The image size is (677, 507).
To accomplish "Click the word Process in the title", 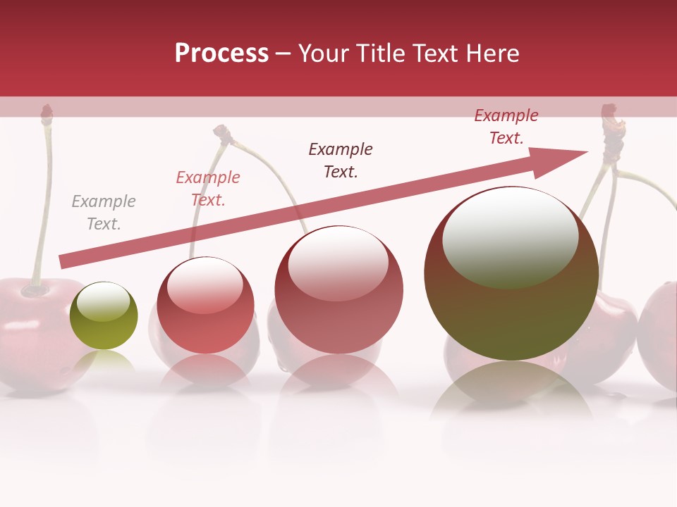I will [221, 54].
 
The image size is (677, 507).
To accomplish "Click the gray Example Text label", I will [104, 213].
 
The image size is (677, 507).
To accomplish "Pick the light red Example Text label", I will [208, 189].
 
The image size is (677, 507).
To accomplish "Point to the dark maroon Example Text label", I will [341, 160].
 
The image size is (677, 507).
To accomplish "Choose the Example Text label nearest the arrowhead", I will [506, 127].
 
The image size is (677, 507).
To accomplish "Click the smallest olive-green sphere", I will [104, 315].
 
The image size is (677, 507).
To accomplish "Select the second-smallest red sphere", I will [205, 305].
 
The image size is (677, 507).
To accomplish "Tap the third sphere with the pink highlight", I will [339, 289].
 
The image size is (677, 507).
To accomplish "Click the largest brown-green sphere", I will [511, 273].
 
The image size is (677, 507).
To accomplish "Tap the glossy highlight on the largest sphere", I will [510, 237].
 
